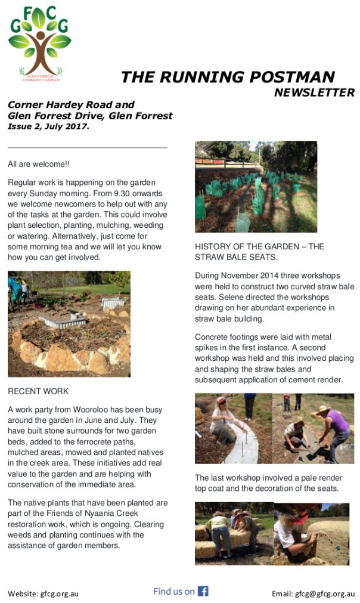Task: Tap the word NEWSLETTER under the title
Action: click(314, 92)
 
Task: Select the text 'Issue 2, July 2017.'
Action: click(48, 126)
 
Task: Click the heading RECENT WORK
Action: click(38, 391)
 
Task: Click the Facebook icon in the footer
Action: click(203, 591)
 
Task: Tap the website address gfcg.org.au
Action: click(59, 593)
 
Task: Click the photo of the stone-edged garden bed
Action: click(69, 324)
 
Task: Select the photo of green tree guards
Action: click(256, 187)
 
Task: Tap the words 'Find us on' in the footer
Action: click(174, 591)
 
